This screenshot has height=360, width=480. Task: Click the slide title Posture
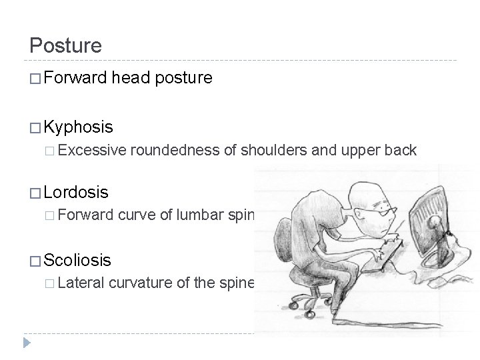(x=66, y=45)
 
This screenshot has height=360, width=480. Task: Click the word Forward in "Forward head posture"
(x=75, y=79)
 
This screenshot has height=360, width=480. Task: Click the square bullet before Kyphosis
(x=36, y=127)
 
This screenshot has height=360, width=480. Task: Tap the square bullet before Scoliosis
(x=36, y=260)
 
